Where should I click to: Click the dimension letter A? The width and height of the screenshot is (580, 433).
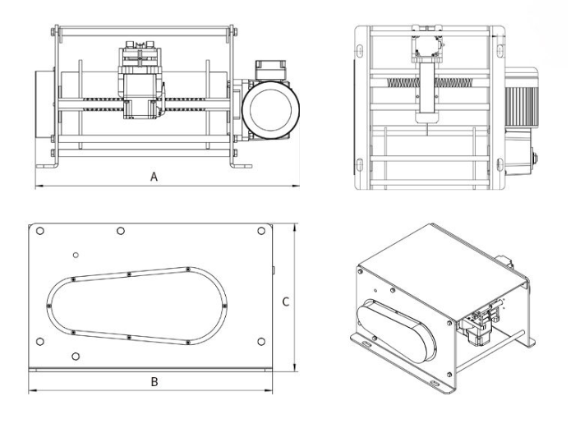tap(154, 177)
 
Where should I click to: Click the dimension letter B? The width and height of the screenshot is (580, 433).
tap(153, 381)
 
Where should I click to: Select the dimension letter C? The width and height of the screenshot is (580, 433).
tap(284, 302)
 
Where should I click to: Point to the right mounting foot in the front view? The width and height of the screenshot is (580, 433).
tap(241, 167)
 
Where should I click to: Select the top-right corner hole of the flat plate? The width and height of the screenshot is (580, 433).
tap(261, 232)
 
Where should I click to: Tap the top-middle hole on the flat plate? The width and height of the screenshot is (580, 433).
tap(121, 231)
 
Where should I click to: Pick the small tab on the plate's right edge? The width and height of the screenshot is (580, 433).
tap(272, 269)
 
